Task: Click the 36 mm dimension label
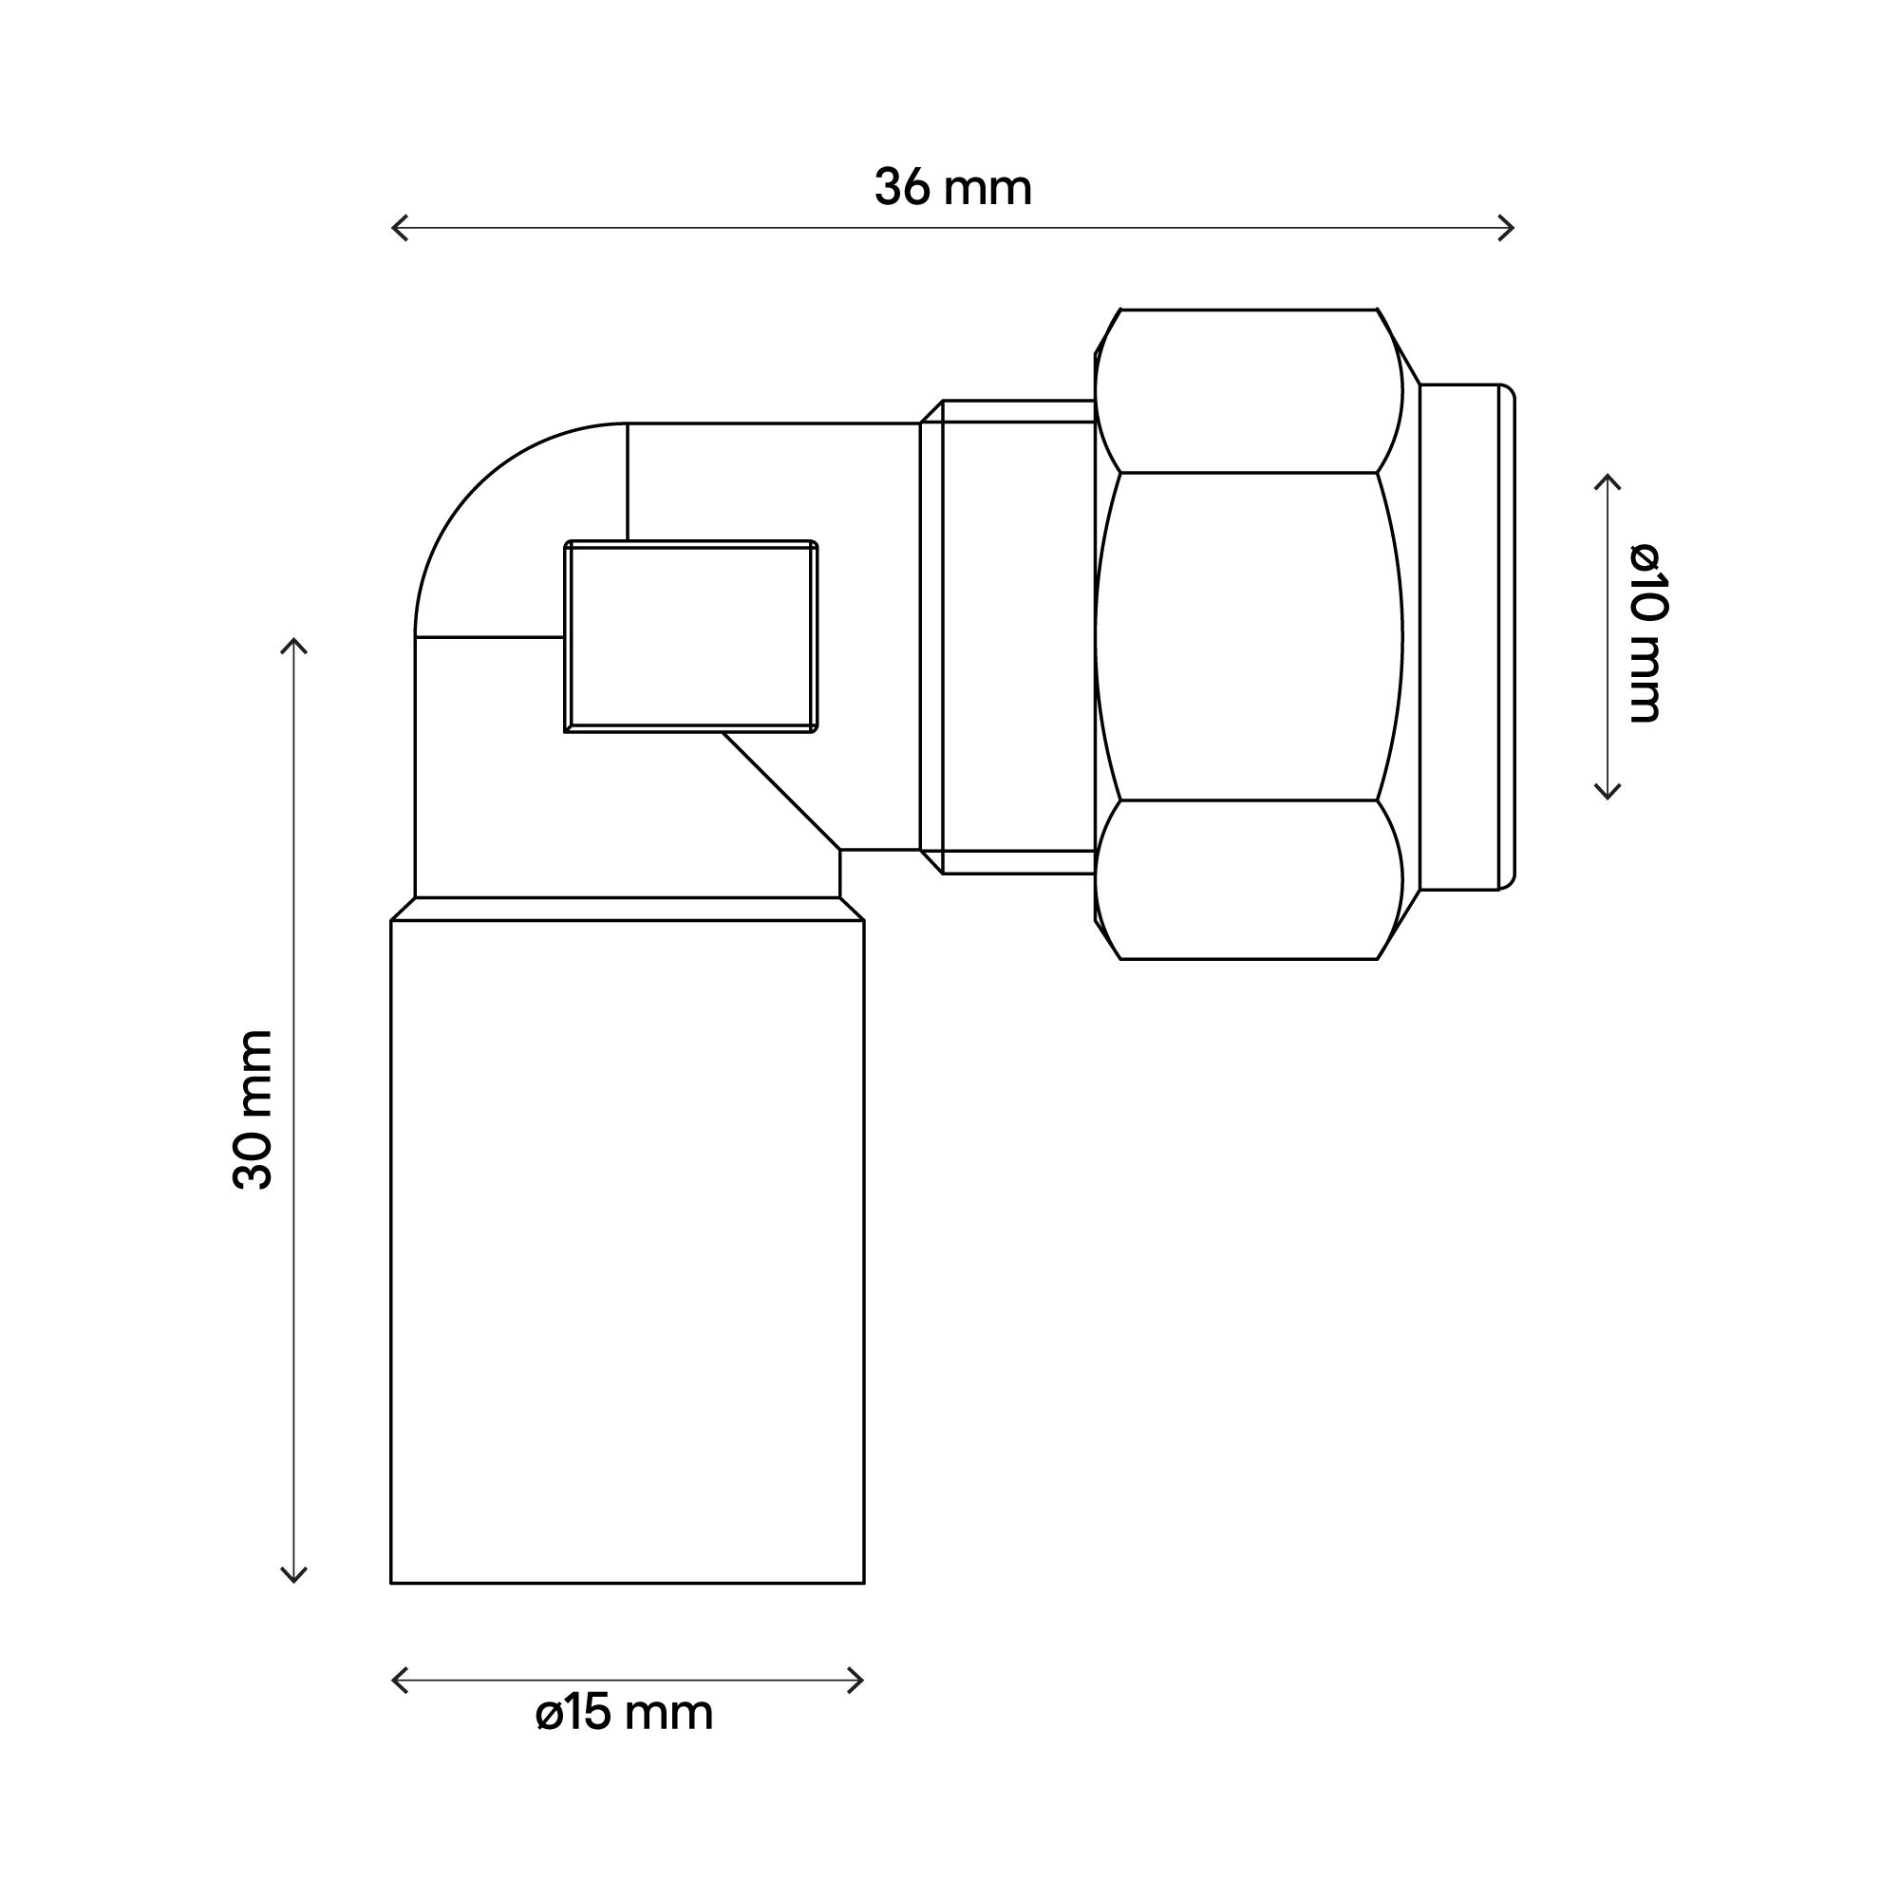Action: click(x=952, y=188)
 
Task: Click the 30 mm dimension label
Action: click(x=253, y=1110)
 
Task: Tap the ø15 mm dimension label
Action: click(x=624, y=1713)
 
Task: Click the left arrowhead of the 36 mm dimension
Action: click(x=395, y=228)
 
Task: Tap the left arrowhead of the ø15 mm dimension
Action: click(x=395, y=1680)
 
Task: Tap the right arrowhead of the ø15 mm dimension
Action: click(x=860, y=1680)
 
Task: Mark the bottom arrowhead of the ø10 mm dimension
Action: click(x=1608, y=795)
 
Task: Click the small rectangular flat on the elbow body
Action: click(x=691, y=637)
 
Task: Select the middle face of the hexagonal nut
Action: click(x=1249, y=637)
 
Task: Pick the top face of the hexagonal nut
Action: click(x=1249, y=391)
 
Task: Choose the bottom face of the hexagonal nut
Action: click(x=1249, y=880)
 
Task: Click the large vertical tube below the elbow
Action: click(x=627, y=1249)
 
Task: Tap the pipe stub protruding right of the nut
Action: click(x=1464, y=637)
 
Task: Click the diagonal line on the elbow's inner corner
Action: click(x=781, y=790)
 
